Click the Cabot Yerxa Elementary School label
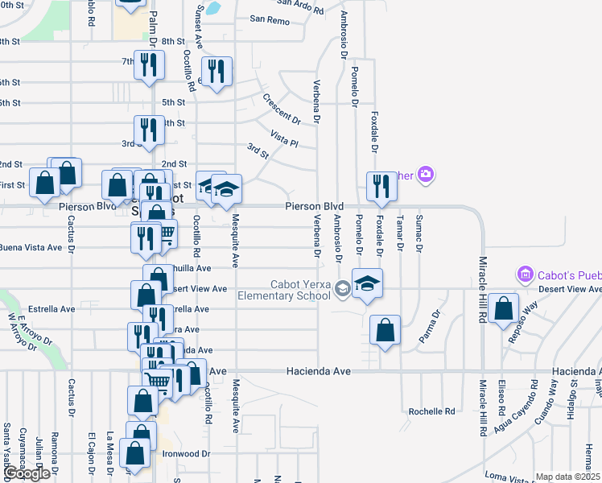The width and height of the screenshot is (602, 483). pos(284,290)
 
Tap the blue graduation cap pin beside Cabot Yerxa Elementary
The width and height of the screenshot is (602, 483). pos(367,283)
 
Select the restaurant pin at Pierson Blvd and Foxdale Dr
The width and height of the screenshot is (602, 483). pos(381,186)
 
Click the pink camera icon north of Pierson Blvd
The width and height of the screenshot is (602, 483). pos(426,173)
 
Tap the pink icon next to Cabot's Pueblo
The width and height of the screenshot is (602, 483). pos(526,275)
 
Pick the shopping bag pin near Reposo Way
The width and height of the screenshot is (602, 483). pos(503,308)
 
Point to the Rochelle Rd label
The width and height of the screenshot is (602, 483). pos(432,411)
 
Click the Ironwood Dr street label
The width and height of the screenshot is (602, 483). pos(188,454)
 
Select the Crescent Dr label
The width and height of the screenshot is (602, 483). pos(281,109)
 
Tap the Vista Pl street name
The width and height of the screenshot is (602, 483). pos(284,138)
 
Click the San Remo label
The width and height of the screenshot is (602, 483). pos(269,19)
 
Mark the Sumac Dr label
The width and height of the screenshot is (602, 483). pos(419,233)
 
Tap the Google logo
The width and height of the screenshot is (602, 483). pos(27,474)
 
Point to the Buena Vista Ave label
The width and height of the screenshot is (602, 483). pos(31,247)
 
